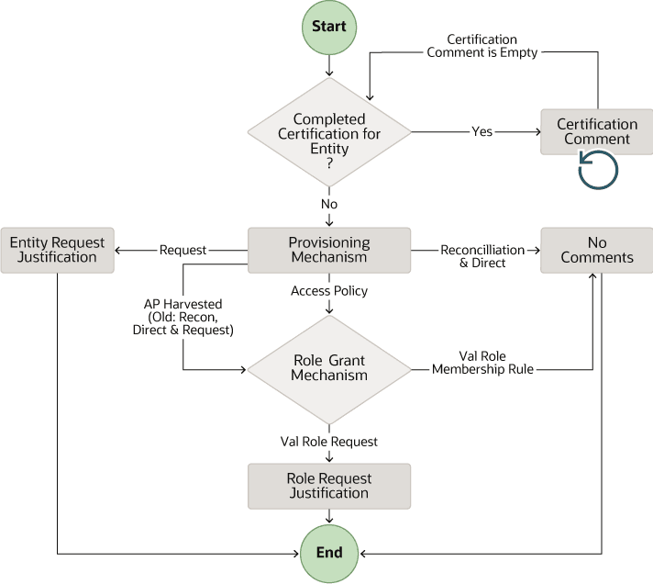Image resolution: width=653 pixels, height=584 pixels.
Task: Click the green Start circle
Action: pyautogui.click(x=328, y=27)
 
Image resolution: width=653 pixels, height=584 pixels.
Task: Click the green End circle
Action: pyautogui.click(x=328, y=553)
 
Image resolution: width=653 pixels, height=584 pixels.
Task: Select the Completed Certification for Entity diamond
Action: pyautogui.click(x=328, y=132)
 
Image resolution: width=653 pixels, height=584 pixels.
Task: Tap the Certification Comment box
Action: pyautogui.click(x=597, y=131)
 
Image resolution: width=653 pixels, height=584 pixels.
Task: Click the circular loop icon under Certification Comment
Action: pyautogui.click(x=597, y=170)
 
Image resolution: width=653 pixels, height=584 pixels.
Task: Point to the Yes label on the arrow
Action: pyautogui.click(x=481, y=131)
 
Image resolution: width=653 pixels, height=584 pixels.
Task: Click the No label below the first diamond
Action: pyautogui.click(x=328, y=203)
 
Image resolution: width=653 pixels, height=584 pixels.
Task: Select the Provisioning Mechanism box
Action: pyautogui.click(x=328, y=250)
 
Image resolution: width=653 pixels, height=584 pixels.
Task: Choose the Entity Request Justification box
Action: pyautogui.click(x=57, y=250)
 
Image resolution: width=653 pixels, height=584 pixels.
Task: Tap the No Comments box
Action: pyautogui.click(x=597, y=250)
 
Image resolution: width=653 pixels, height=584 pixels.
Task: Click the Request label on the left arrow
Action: pyautogui.click(x=183, y=250)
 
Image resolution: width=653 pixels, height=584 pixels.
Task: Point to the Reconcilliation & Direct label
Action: pyautogui.click(x=482, y=255)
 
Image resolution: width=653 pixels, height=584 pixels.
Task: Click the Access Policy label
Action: pyautogui.click(x=328, y=291)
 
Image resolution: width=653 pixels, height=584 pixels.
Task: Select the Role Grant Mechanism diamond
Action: pyautogui.click(x=328, y=368)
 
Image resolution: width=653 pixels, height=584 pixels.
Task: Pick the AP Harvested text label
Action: pyautogui.click(x=183, y=317)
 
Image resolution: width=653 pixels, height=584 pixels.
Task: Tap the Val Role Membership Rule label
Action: pyautogui.click(x=482, y=363)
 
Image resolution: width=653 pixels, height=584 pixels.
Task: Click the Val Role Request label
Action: pyautogui.click(x=328, y=442)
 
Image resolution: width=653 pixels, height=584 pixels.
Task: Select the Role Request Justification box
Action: pyautogui.click(x=328, y=486)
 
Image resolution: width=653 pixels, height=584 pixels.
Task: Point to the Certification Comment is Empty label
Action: pyautogui.click(x=482, y=46)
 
